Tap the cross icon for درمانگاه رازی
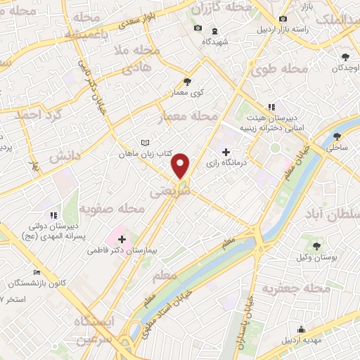(225, 152)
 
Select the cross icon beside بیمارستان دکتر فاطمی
(122, 239)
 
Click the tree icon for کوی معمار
(186, 81)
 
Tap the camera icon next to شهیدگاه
(198, 28)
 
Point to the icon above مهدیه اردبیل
(302, 329)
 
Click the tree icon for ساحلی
(338, 136)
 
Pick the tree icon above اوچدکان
(345, 56)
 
